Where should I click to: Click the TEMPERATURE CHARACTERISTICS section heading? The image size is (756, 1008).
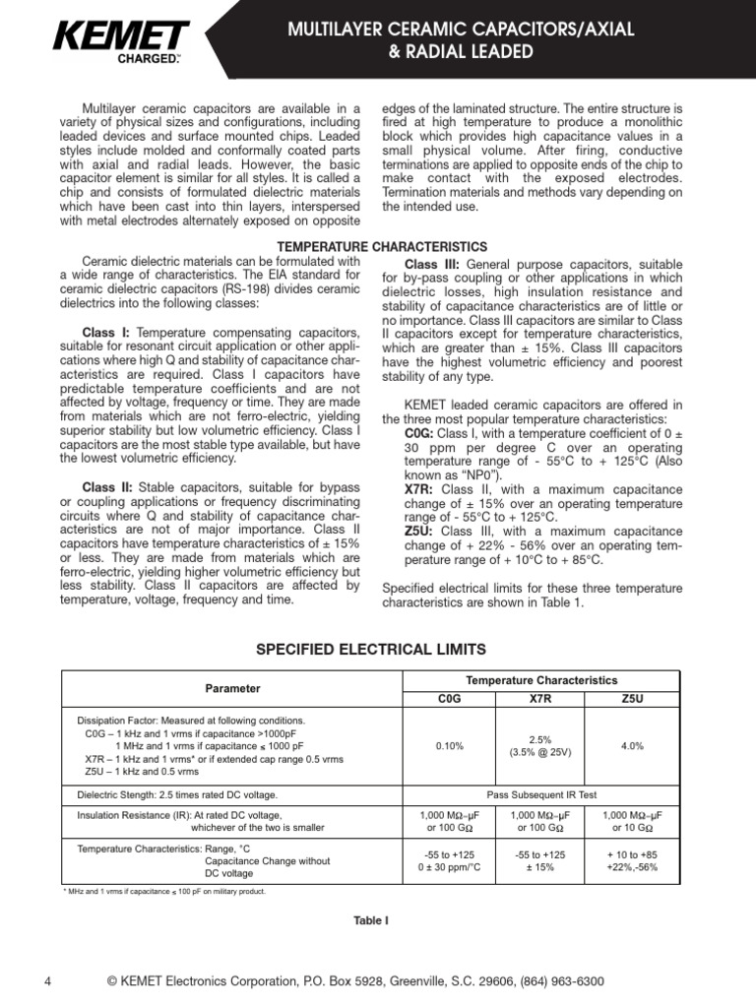pyautogui.click(x=382, y=245)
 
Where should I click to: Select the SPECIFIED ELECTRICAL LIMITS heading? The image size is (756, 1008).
pyautogui.click(x=370, y=649)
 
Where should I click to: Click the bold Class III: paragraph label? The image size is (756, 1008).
pyautogui.click(x=431, y=265)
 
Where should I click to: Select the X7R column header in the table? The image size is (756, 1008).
pyautogui.click(x=540, y=697)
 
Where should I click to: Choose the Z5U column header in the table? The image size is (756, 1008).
pyautogui.click(x=631, y=697)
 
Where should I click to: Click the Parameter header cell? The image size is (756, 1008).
pyautogui.click(x=232, y=687)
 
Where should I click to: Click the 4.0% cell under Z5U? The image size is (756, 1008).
pyautogui.click(x=631, y=746)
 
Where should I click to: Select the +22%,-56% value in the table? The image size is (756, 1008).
pyautogui.click(x=631, y=867)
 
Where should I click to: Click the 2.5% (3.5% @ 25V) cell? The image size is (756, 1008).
pyautogui.click(x=540, y=745)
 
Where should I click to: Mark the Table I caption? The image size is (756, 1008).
pyautogui.click(x=371, y=920)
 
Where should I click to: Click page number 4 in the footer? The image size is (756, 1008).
pyautogui.click(x=47, y=981)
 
